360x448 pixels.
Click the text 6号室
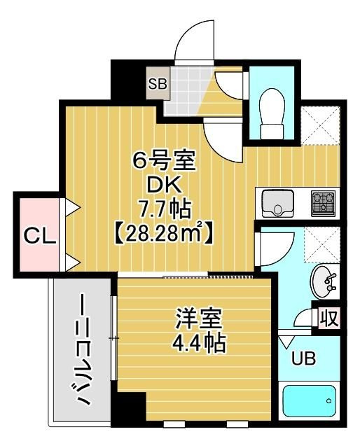[x=164, y=161]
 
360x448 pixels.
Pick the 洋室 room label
[x=199, y=319]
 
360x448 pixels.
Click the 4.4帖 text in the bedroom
[x=199, y=343]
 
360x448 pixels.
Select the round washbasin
[x=323, y=281]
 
